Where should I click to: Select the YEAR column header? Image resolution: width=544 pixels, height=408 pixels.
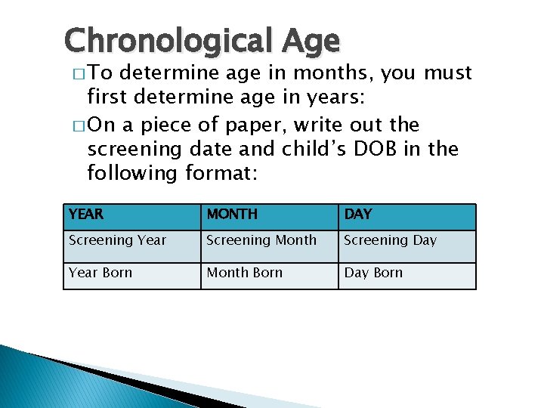[85, 215]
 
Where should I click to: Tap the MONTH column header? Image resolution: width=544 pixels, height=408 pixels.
[232, 215]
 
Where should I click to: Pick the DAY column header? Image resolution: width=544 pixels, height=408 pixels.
[358, 215]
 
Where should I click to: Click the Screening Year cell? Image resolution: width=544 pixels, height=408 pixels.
[117, 240]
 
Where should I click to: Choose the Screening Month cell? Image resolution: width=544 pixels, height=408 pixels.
[261, 240]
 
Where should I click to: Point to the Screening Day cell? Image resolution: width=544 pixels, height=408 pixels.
[390, 240]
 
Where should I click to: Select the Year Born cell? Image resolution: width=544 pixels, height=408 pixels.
[100, 273]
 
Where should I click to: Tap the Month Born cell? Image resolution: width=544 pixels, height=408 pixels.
[244, 273]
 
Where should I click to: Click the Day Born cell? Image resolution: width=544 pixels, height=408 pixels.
[373, 273]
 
